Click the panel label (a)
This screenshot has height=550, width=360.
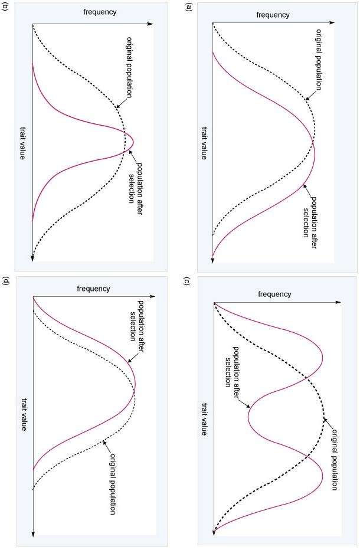click(189, 8)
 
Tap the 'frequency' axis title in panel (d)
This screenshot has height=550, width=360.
click(93, 289)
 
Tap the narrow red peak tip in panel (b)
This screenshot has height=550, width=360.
click(134, 142)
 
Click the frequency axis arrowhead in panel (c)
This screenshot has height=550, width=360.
click(340, 303)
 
